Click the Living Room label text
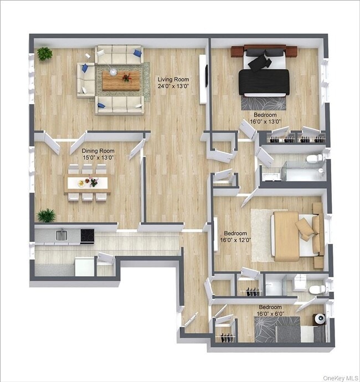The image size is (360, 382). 173,79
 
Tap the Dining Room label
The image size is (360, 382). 98,151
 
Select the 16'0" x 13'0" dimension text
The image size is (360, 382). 264,122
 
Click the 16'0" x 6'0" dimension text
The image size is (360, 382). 270,314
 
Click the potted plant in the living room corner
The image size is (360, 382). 44,54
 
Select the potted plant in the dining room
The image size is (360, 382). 47,215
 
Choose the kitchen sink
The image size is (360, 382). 61,236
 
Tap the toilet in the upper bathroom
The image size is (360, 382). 315,159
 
